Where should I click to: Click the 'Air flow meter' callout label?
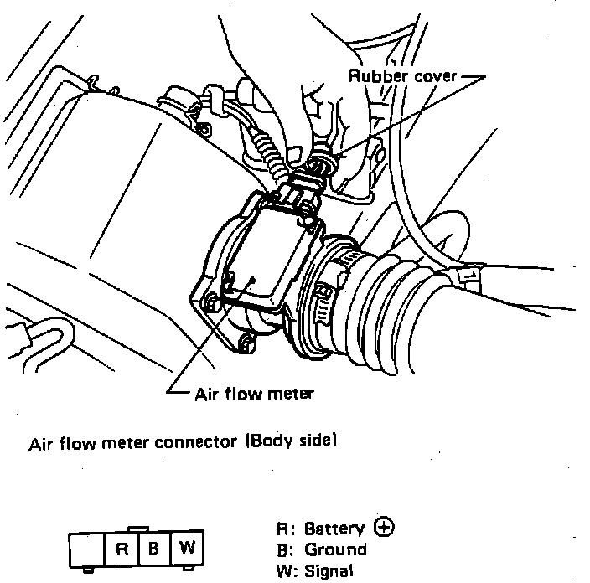pos(253,393)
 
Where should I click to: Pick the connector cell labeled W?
pos(186,549)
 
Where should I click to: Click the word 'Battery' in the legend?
pos(334,529)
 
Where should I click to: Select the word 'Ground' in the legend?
pos(335,550)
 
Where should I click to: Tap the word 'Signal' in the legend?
pos(331,572)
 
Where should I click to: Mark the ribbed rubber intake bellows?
pos(395,293)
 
